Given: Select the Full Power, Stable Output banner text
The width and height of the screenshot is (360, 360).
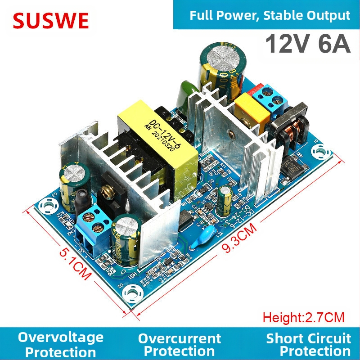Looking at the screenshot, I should (x=270, y=16).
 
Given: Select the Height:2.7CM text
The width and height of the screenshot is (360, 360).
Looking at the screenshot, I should (x=304, y=317).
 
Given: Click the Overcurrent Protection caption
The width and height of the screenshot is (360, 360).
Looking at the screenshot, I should (x=180, y=344).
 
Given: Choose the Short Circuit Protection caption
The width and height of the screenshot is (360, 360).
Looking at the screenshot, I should (x=308, y=344).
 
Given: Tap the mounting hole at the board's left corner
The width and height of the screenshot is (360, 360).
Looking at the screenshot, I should (x=46, y=207).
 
